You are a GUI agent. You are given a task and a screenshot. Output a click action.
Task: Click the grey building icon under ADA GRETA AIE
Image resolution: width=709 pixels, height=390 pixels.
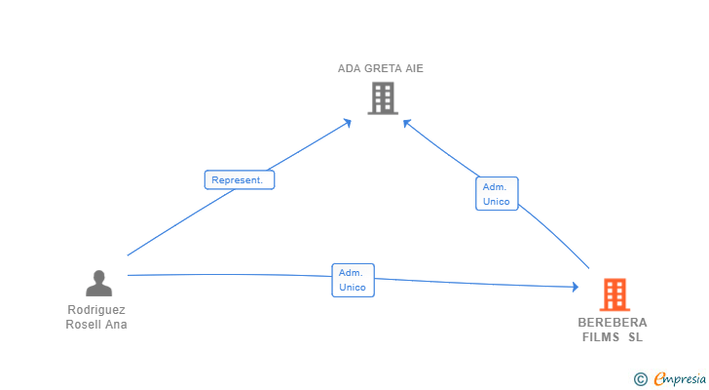(383, 98)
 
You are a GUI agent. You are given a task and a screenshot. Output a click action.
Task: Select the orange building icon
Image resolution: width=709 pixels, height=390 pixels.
(615, 294)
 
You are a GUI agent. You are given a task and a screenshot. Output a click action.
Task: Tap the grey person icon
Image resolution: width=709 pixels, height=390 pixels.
(98, 283)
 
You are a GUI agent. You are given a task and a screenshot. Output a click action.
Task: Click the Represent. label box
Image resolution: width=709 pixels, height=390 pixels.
(240, 179)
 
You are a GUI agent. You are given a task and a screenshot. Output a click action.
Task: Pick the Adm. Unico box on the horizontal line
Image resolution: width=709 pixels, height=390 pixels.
(353, 280)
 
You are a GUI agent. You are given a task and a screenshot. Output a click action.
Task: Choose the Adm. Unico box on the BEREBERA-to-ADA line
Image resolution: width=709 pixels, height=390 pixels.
(497, 194)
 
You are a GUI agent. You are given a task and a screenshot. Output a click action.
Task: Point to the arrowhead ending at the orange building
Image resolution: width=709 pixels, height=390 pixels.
(576, 287)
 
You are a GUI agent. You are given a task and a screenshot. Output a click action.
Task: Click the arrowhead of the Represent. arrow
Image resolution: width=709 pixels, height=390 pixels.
(347, 123)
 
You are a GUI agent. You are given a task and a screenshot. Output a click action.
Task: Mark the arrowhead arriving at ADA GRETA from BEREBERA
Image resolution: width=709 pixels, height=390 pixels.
(407, 124)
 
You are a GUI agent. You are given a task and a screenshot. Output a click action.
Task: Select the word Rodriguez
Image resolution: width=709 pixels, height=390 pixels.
(96, 309)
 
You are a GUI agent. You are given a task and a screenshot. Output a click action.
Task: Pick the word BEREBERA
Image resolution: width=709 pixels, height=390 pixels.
(613, 322)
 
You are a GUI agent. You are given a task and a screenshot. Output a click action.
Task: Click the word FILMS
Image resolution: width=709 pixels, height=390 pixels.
(601, 337)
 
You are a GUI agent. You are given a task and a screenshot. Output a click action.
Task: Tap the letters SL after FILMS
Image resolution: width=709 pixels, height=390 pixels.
(635, 337)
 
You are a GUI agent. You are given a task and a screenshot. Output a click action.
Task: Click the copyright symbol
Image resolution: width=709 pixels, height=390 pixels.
(640, 379)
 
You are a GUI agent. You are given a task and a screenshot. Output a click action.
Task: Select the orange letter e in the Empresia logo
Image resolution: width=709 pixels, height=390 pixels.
(659, 378)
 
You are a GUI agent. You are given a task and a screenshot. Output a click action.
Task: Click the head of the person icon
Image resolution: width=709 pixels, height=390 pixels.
(98, 277)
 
